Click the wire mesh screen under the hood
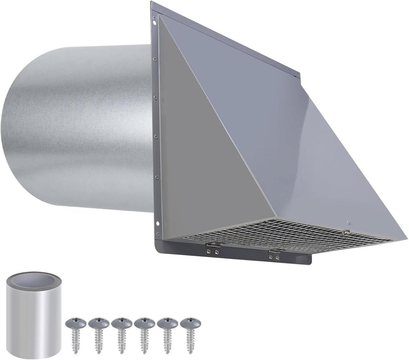(x=288, y=235)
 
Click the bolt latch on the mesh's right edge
(x=346, y=232)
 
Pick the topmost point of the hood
(x=151, y=3)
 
